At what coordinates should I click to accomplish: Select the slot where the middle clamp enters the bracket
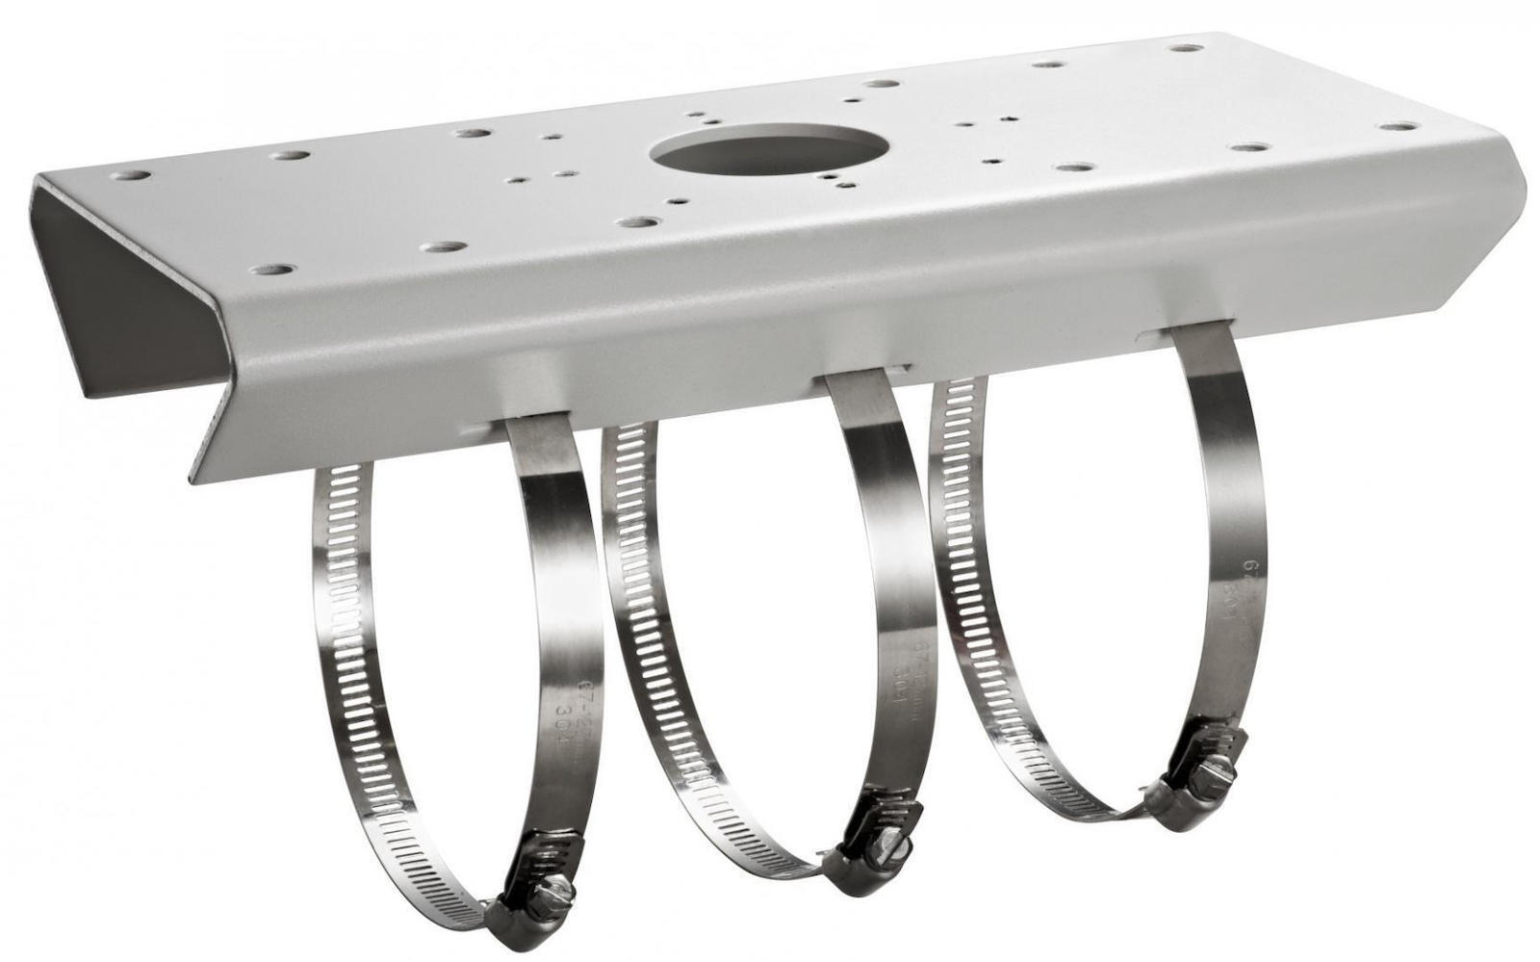tap(861, 375)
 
